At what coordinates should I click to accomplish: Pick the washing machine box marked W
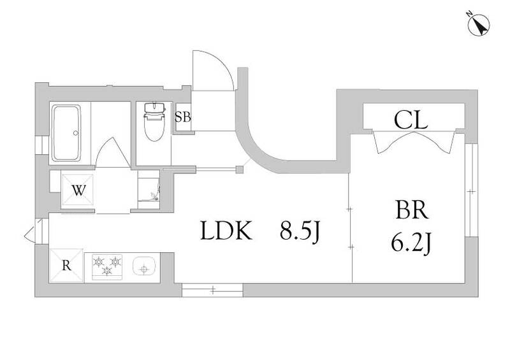[78, 189]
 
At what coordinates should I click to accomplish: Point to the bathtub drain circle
[76, 133]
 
